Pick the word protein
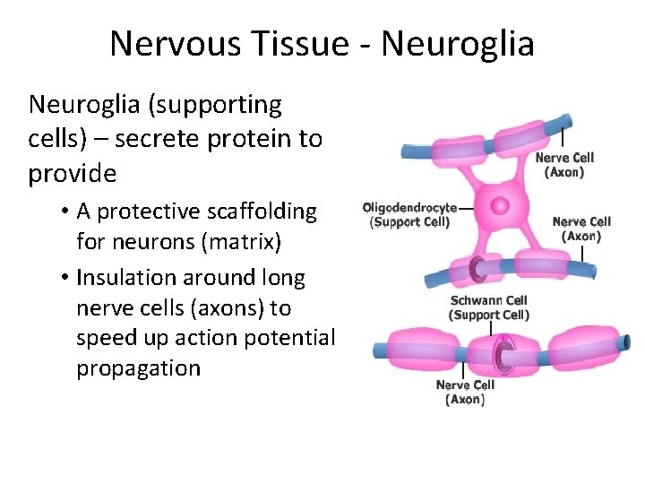(257, 140)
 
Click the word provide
(73, 174)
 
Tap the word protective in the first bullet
(152, 212)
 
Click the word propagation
(139, 368)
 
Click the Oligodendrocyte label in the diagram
(409, 208)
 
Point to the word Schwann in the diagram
(475, 301)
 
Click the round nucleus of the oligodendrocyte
(499, 205)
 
